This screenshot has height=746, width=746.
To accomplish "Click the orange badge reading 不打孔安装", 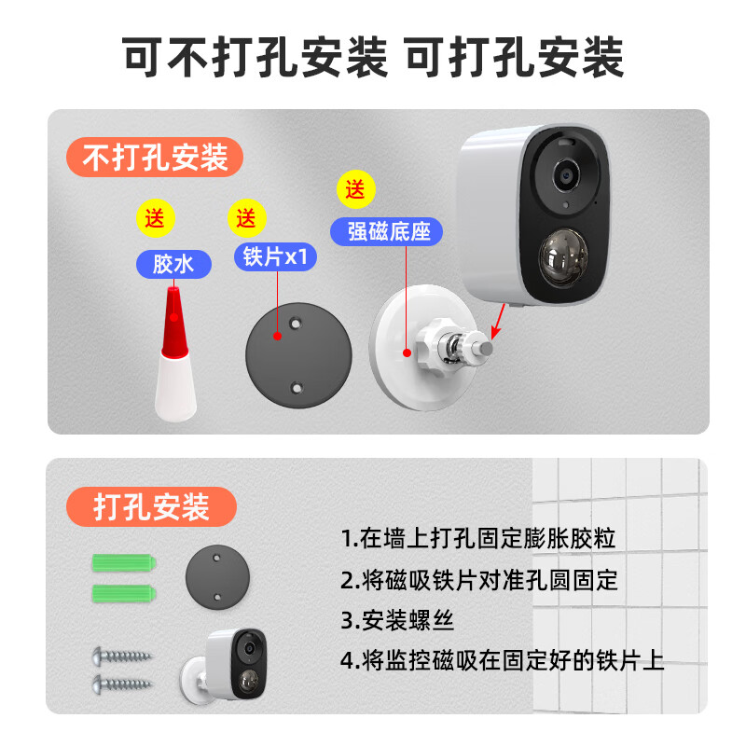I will pos(155,157).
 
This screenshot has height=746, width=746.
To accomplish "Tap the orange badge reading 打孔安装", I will pos(151,507).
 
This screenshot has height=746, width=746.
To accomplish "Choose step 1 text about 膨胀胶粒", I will pos(478,539).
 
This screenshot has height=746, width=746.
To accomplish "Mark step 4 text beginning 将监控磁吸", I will pos(502,661).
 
